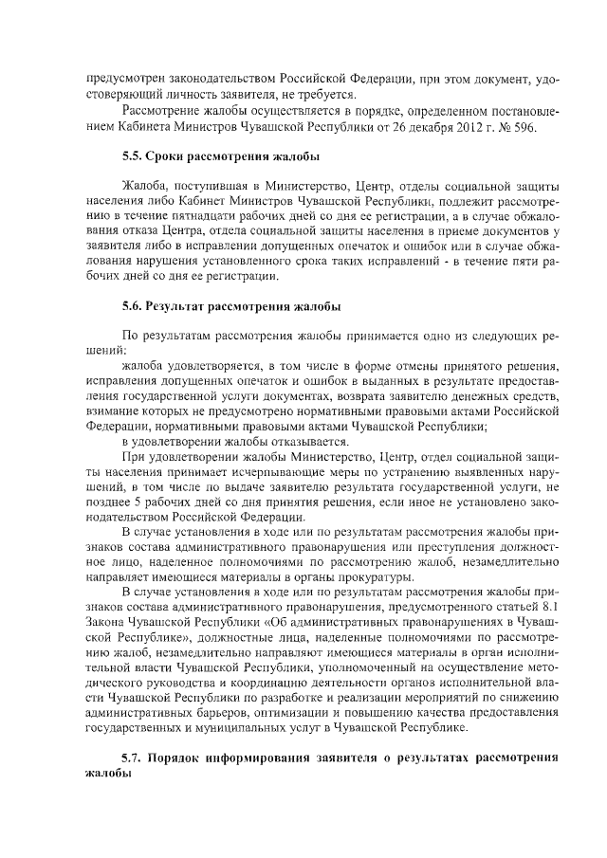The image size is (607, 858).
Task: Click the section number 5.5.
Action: pos(135,155)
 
